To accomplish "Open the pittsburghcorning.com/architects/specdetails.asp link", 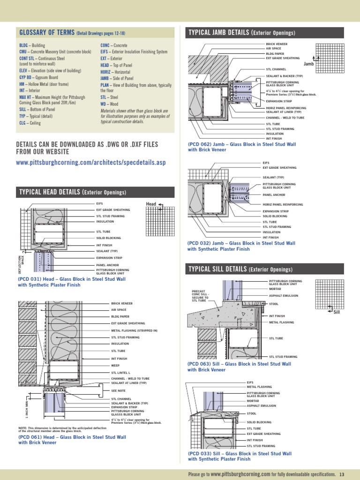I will (90, 163).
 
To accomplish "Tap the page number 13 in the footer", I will (342, 474).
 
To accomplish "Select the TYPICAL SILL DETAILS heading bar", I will (240, 269).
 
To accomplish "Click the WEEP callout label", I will (115, 365).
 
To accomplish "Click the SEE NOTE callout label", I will (118, 390).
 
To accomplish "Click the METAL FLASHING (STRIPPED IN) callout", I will (134, 330).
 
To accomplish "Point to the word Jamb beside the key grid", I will (308, 63).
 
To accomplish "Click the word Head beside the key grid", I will (151, 204).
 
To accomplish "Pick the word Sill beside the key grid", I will (336, 312).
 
